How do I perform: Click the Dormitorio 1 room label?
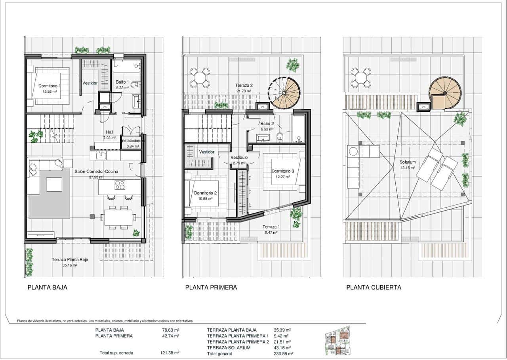(50, 86)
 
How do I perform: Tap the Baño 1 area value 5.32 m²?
(122, 88)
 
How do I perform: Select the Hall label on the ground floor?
(110, 132)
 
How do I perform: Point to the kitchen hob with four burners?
(120, 185)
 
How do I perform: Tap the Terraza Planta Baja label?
(70, 260)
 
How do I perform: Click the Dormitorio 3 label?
(282, 171)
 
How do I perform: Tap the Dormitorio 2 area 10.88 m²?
(205, 198)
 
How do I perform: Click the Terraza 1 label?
(271, 227)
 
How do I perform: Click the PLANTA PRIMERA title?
(211, 288)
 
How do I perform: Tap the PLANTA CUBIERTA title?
(374, 288)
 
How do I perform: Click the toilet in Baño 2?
(280, 137)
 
